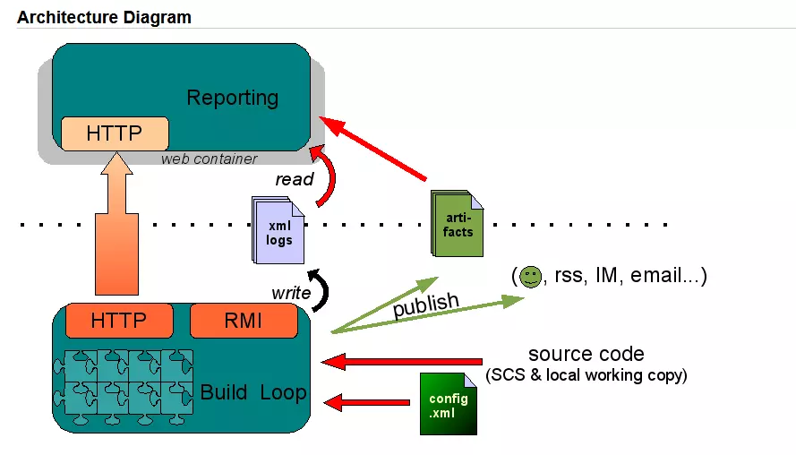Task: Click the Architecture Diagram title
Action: [104, 17]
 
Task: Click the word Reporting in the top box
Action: [232, 98]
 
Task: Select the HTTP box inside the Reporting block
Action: [114, 133]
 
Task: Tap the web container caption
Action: [209, 159]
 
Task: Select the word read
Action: [294, 179]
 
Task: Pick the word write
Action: [291, 293]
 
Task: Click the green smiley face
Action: [531, 276]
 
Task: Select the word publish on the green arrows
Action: [426, 305]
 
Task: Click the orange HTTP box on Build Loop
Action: [118, 320]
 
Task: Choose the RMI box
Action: [243, 320]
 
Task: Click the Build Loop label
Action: [252, 392]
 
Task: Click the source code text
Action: [586, 354]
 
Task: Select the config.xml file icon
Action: [448, 404]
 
